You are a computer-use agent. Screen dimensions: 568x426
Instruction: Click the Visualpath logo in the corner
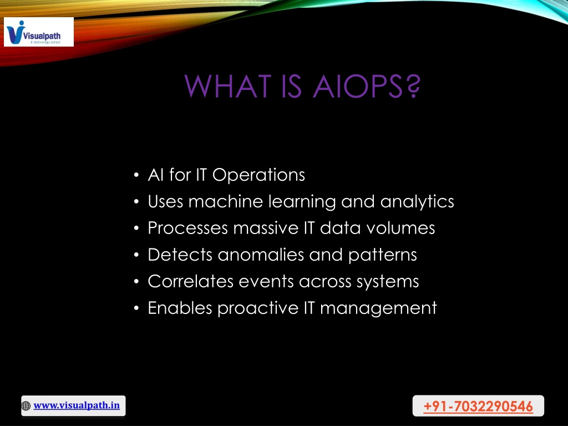(39, 32)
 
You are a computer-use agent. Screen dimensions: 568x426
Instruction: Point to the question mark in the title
(413, 86)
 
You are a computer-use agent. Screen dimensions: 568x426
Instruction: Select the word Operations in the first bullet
(258, 175)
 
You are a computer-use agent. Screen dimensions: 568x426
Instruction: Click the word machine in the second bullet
(226, 201)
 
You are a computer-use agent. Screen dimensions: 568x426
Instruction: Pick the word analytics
(417, 202)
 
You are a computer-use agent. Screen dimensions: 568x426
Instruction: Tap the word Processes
(188, 228)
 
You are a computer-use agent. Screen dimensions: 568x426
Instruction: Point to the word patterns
(383, 256)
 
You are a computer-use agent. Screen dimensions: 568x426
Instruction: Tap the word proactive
(258, 308)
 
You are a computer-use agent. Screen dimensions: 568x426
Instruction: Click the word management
(378, 309)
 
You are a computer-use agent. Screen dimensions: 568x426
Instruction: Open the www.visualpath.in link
(77, 405)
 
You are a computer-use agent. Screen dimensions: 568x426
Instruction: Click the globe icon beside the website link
(26, 406)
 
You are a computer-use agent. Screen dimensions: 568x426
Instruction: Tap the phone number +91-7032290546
(478, 406)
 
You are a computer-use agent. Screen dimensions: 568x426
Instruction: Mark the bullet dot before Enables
(136, 308)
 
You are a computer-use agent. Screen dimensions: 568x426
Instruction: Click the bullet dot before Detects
(136, 255)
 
